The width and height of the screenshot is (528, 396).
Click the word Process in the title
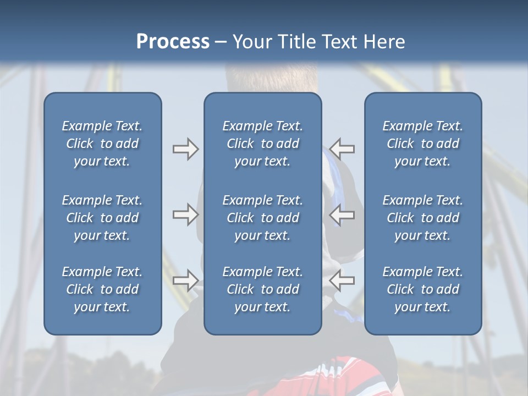tap(173, 42)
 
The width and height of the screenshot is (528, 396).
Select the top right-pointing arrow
tap(185, 149)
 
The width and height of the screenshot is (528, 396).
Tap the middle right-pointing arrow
tap(185, 215)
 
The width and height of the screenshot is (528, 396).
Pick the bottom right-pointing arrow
tap(185, 280)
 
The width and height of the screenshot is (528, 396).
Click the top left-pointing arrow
tap(342, 149)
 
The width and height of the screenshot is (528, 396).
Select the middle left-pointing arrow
tap(342, 215)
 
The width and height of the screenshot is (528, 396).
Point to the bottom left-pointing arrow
tap(342, 280)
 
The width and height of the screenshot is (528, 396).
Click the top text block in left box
tap(102, 144)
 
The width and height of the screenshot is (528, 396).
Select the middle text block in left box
tap(102, 218)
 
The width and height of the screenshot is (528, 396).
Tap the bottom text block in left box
tap(102, 289)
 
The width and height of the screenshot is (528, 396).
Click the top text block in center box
tap(263, 144)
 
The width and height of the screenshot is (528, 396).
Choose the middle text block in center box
tap(263, 218)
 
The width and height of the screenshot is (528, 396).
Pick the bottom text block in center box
tap(263, 289)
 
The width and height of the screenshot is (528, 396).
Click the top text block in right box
tap(423, 144)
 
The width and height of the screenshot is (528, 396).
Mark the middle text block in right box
tap(423, 218)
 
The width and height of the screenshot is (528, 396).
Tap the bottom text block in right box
tap(423, 289)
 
